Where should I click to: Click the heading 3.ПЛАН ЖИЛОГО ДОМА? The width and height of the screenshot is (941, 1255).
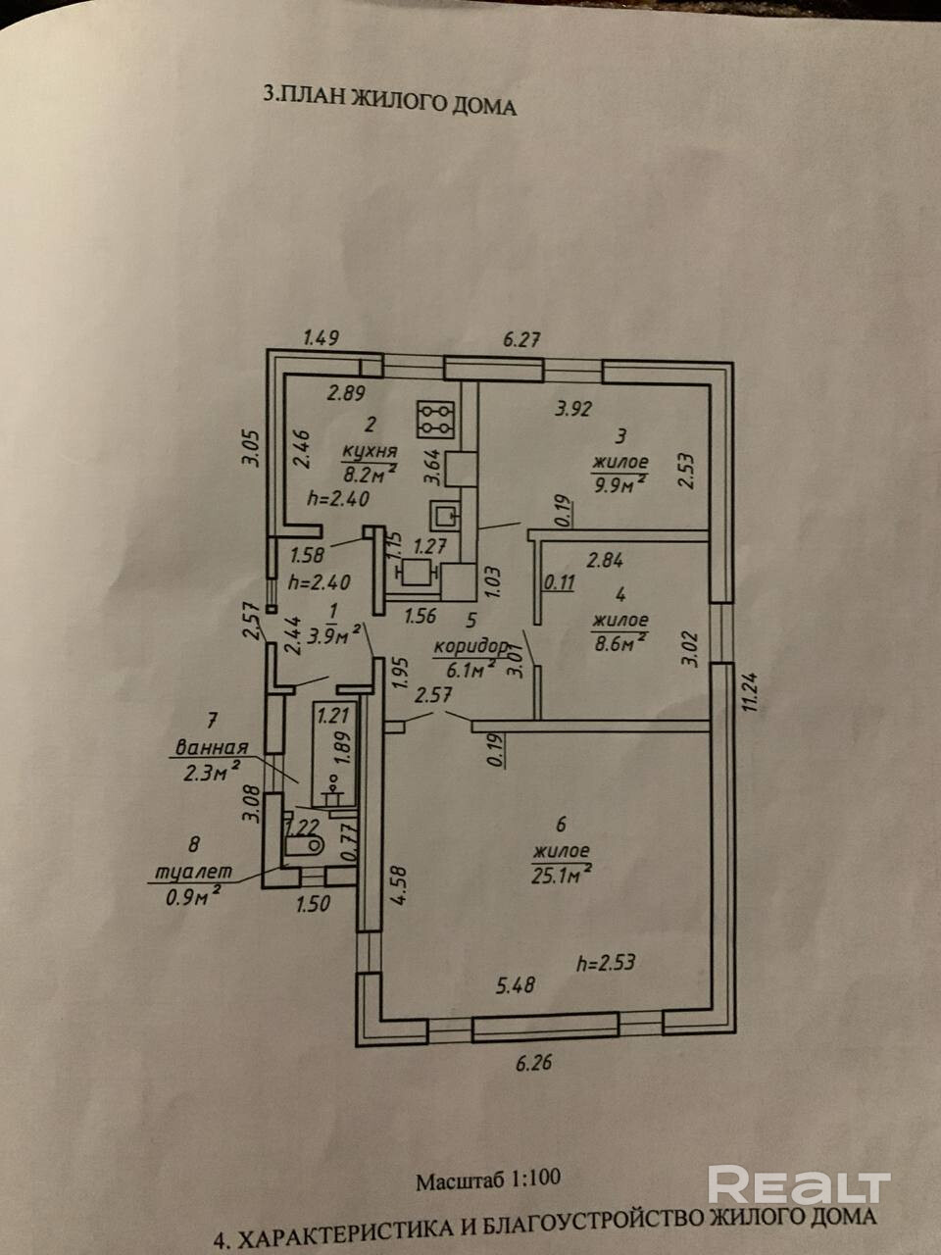point(390,102)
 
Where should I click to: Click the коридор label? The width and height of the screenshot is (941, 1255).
point(470,647)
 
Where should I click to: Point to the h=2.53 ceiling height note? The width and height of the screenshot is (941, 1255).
point(606,962)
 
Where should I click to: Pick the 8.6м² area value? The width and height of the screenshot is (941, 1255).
point(619,639)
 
